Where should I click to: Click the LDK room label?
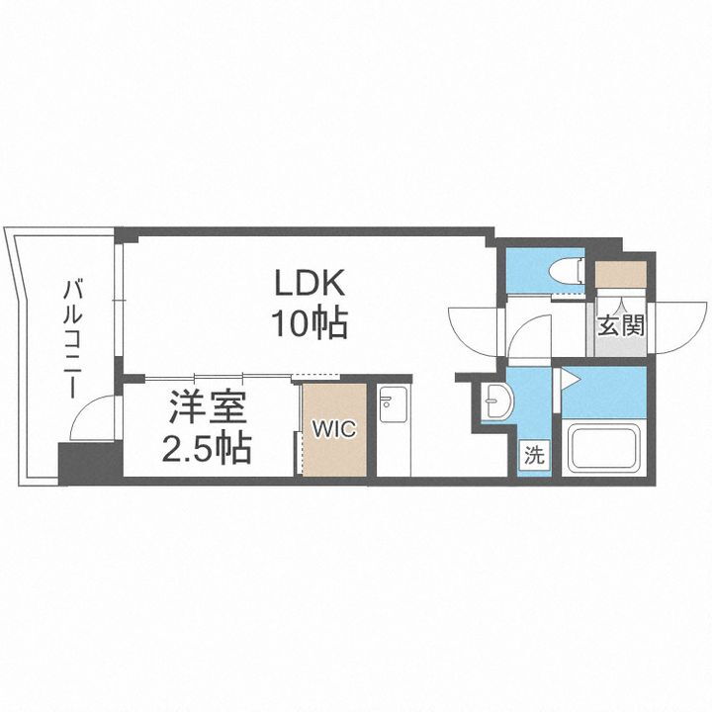point(309,285)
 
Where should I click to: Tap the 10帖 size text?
point(309,322)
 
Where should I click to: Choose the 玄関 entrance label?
point(620,323)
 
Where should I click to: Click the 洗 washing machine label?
point(533,456)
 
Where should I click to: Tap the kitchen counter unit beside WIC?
point(394,430)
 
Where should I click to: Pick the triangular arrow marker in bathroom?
point(569,377)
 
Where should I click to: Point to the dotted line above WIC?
point(319,375)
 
